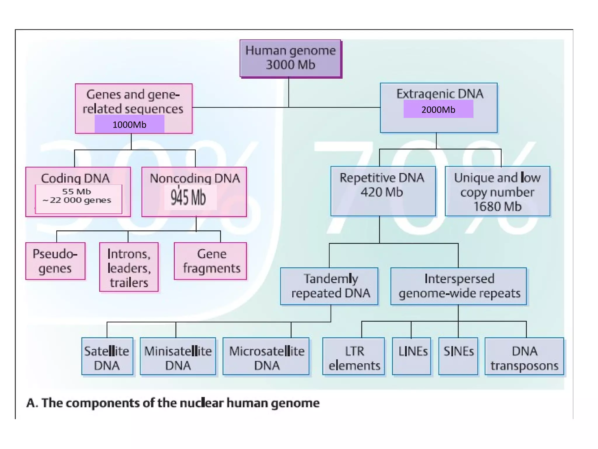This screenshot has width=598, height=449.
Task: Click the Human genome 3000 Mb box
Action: click(291, 58)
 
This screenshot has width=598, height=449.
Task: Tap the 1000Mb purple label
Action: click(129, 125)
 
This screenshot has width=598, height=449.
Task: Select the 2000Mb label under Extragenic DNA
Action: click(438, 109)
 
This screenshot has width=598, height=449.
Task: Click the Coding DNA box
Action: click(78, 192)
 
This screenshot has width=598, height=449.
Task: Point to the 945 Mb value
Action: click(189, 198)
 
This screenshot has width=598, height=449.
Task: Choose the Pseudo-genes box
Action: click(55, 261)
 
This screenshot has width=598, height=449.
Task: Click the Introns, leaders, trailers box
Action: click(129, 267)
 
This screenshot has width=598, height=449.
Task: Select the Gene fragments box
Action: click(210, 261)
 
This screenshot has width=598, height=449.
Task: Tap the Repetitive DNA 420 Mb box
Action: click(383, 191)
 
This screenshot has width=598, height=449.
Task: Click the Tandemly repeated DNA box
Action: click(329, 286)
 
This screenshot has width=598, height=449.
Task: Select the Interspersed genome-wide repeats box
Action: click(458, 286)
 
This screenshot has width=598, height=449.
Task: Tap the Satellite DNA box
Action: click(107, 356)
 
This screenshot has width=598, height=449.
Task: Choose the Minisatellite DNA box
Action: click(178, 356)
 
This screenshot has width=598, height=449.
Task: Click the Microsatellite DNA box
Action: click(266, 356)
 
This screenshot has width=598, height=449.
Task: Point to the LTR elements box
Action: click(354, 356)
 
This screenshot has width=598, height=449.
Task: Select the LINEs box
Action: click(412, 356)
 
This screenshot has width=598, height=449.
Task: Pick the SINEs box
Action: click(458, 356)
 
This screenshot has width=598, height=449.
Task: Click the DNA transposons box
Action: click(524, 356)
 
